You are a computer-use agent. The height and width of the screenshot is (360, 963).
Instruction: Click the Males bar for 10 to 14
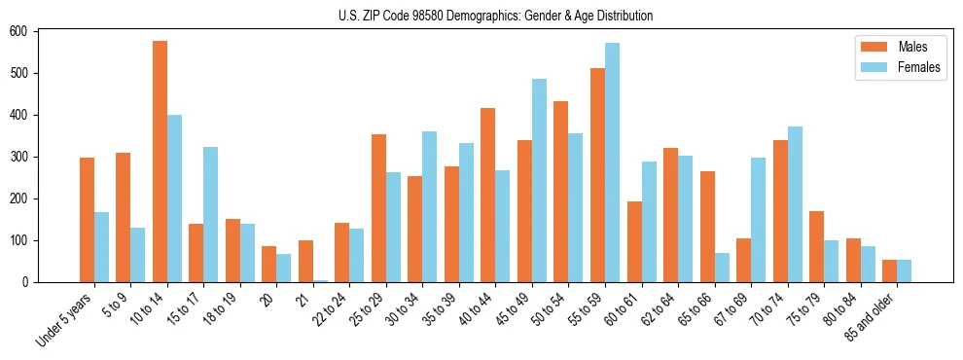pyautogui.click(x=160, y=162)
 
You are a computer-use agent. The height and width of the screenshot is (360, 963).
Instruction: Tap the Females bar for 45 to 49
pyautogui.click(x=539, y=181)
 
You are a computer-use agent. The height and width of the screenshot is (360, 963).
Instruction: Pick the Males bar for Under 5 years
pyautogui.click(x=87, y=220)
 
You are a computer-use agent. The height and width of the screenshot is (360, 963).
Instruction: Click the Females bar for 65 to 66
pyautogui.click(x=722, y=268)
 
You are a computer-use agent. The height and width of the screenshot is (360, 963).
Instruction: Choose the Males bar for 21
pyautogui.click(x=305, y=262)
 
